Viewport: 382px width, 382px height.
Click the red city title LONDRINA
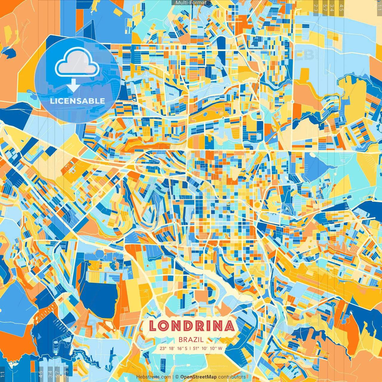[x=191, y=326]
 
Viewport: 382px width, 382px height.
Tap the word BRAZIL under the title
[x=191, y=340]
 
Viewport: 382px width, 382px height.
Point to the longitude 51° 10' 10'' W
[x=209, y=348]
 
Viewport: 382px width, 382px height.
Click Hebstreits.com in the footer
[x=153, y=377]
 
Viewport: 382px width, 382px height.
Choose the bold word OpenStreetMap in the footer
[x=198, y=377]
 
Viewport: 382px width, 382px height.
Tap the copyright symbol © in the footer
[x=177, y=377]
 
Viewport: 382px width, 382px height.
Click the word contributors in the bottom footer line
[x=232, y=377]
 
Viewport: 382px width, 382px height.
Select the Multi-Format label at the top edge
[x=191, y=3]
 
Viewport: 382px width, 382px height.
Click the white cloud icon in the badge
[x=77, y=63]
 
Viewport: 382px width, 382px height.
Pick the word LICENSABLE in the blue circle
[x=78, y=101]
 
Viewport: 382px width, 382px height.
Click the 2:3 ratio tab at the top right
[x=316, y=7]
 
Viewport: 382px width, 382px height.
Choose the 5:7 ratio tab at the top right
[x=324, y=7]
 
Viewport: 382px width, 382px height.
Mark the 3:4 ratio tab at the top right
[x=332, y=7]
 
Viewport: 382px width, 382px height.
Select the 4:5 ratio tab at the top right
[x=341, y=7]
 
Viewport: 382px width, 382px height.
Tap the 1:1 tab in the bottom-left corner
[x=3, y=374]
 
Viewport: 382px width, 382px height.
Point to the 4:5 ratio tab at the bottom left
[x=41, y=374]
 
